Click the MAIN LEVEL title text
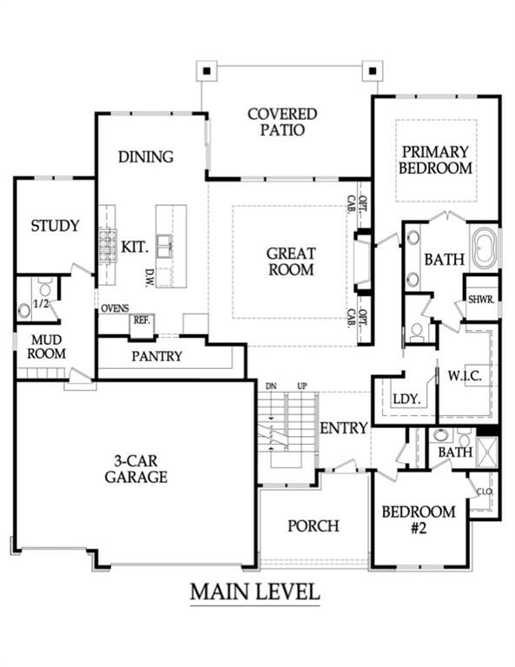point(254,592)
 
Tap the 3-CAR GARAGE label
point(135,469)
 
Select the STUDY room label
point(55,227)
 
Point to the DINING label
point(146,157)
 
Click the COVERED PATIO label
point(282,122)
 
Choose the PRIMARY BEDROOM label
point(436,160)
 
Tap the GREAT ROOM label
point(290,261)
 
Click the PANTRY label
point(156,356)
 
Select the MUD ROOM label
point(46,346)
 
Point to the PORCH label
point(313,525)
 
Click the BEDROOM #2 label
point(418,518)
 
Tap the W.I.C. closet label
point(459,376)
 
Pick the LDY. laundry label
point(406,400)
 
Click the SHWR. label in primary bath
point(481,299)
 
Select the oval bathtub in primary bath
point(485,248)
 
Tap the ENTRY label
point(344,428)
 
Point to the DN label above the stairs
point(270,386)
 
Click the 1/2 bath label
point(41,303)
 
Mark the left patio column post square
point(204,68)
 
